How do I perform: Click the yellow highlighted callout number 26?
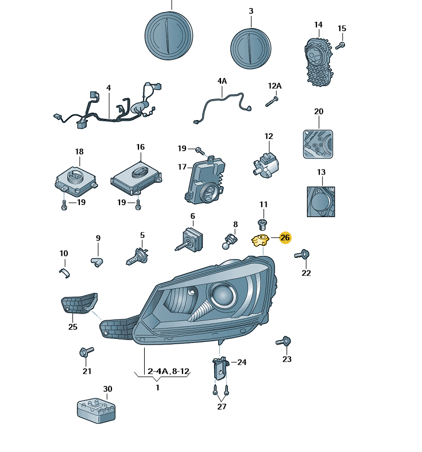click(x=285, y=238)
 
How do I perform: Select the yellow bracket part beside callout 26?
click(x=260, y=241)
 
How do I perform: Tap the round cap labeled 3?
click(x=250, y=48)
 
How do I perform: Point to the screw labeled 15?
click(x=340, y=46)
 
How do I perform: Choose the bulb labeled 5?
click(x=137, y=257)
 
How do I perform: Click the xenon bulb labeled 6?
click(x=189, y=240)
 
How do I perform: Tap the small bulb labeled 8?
click(x=230, y=241)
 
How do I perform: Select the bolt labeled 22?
click(x=302, y=254)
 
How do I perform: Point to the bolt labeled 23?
click(x=284, y=341)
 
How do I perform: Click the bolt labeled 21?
click(x=86, y=351)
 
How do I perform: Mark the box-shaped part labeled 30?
click(x=96, y=411)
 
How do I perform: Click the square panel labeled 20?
click(x=318, y=144)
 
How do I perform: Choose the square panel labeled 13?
click(x=321, y=202)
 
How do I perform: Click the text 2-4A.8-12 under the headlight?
click(x=169, y=371)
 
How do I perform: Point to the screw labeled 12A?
click(x=272, y=102)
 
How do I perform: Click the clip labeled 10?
click(x=65, y=273)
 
